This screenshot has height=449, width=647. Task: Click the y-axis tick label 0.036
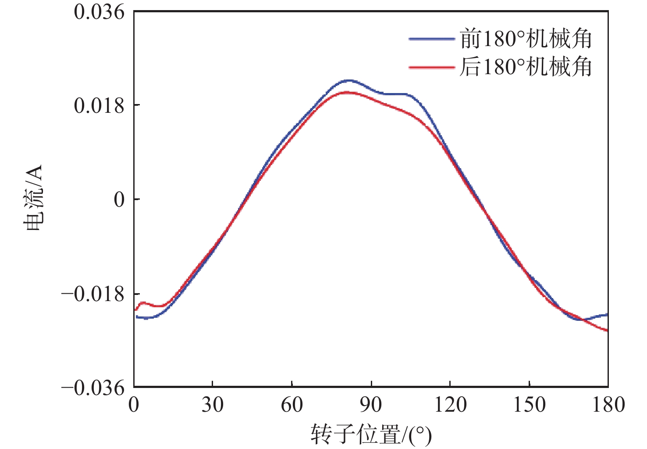tap(99, 12)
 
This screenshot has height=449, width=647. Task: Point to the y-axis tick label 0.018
tap(99, 105)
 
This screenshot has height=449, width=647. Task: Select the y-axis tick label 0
tap(119, 200)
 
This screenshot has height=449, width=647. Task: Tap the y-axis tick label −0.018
tap(93, 294)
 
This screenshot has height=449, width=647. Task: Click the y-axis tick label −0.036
tap(93, 388)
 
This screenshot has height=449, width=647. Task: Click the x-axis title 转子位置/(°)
tap(371, 434)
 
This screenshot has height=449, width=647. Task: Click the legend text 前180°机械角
tap(526, 39)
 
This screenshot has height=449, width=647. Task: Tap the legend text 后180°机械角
tap(526, 67)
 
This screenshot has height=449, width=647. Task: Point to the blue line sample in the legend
tap(432, 39)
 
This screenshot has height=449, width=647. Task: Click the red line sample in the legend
tap(432, 67)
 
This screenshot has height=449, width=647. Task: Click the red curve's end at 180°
tap(608, 330)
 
